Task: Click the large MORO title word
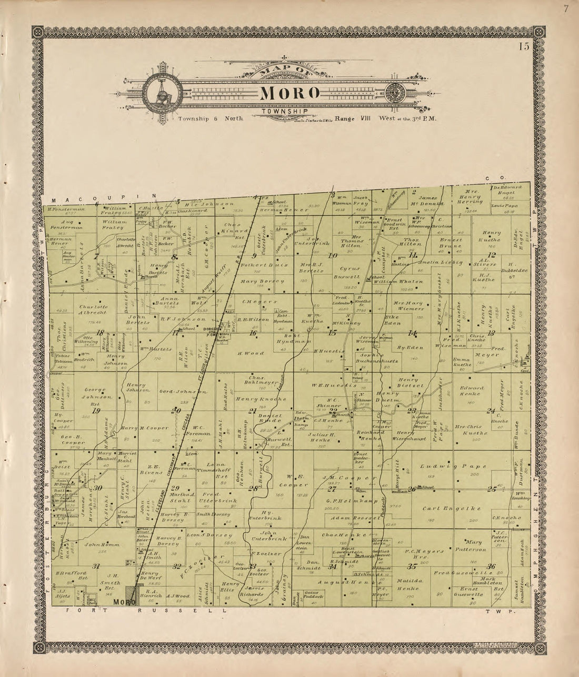click(289, 93)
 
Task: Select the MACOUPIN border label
click(101, 196)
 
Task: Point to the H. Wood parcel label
click(249, 353)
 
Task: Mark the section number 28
click(253, 488)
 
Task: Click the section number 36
click(491, 566)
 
